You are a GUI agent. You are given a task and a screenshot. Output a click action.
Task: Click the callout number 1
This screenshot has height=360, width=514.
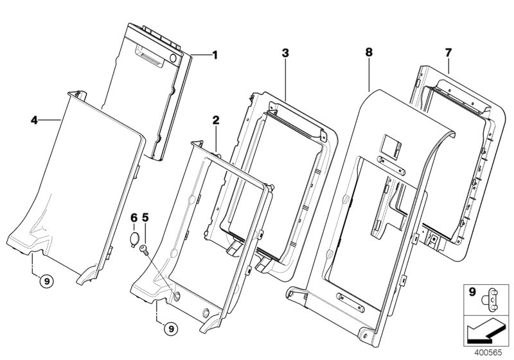click(215, 55)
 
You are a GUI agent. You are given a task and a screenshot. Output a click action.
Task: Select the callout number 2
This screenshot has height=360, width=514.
click(216, 120)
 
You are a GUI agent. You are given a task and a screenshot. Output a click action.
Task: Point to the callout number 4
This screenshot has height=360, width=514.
click(35, 119)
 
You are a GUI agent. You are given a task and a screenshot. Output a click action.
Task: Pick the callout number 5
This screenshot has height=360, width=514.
click(145, 218)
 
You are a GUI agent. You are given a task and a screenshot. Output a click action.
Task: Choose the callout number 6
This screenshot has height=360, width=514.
click(133, 218)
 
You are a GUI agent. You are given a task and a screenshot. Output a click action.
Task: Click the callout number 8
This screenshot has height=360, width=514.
click(368, 51)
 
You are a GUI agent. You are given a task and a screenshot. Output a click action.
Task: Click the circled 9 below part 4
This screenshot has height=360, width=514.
click(44, 280)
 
